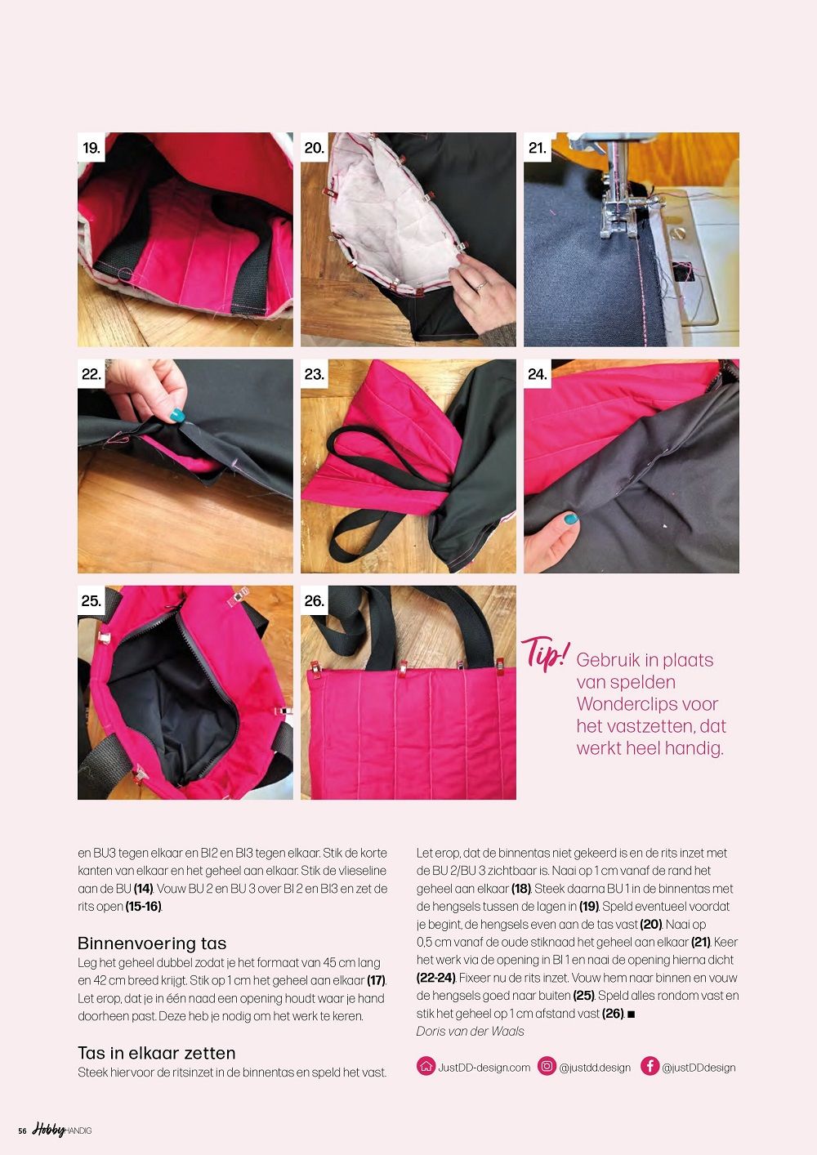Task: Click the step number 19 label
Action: point(92,148)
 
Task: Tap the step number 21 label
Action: point(537,148)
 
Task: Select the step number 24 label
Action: point(537,374)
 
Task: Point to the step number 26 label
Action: point(314,600)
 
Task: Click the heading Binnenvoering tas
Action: point(152,943)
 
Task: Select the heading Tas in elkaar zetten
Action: point(157,1052)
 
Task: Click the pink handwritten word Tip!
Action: point(546,653)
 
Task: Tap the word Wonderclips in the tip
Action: point(621,704)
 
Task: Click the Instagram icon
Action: point(547,1066)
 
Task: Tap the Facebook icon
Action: point(650,1066)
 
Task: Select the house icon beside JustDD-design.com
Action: point(426,1066)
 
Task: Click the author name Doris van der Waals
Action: point(470,1031)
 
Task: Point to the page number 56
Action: point(22,1130)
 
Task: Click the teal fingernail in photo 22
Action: point(177,415)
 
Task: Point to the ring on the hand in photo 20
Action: point(480,284)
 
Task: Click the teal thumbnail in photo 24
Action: point(570,518)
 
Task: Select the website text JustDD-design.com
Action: point(484,1068)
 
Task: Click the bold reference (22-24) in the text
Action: point(435,978)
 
